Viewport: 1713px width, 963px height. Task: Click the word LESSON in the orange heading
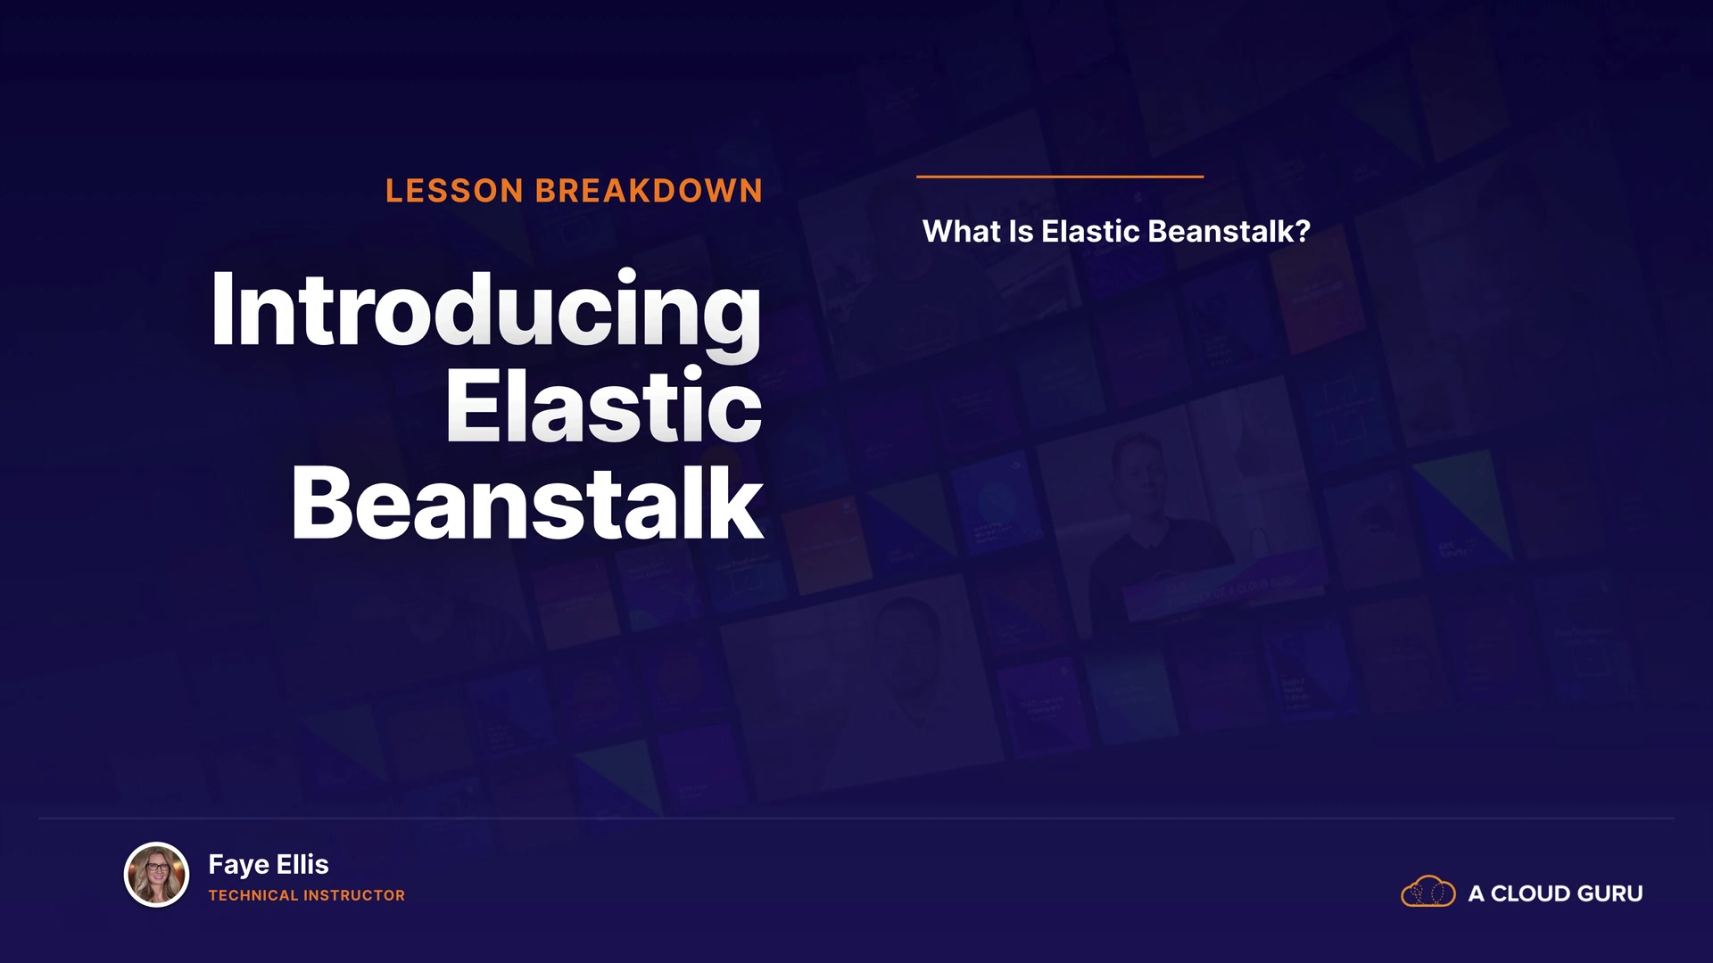[454, 191]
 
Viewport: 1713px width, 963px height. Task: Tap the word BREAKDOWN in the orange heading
[649, 191]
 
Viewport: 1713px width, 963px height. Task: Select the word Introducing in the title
[486, 311]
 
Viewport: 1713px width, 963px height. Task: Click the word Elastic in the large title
[604, 406]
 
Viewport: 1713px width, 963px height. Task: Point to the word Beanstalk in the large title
[527, 503]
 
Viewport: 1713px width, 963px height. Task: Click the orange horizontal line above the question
[1060, 177]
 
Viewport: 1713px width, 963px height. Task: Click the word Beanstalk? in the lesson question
[1229, 232]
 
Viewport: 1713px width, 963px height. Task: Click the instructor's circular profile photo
[156, 875]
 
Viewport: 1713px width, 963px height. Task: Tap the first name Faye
[239, 865]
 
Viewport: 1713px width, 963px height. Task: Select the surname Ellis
[302, 864]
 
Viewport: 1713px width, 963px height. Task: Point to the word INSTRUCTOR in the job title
[354, 895]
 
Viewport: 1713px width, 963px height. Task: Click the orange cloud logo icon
[1428, 892]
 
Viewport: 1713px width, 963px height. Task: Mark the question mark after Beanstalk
[1303, 232]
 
